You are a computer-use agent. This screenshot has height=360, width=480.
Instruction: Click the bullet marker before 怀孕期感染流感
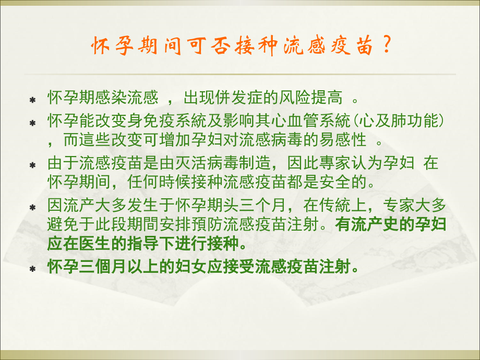pyautogui.click(x=32, y=99)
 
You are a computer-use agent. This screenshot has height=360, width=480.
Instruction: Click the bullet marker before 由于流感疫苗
pyautogui.click(x=32, y=165)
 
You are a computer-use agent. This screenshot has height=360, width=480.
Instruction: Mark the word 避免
pyautogui.click(x=59, y=226)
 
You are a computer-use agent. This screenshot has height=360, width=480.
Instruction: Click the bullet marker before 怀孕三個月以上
pyautogui.click(x=32, y=269)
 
